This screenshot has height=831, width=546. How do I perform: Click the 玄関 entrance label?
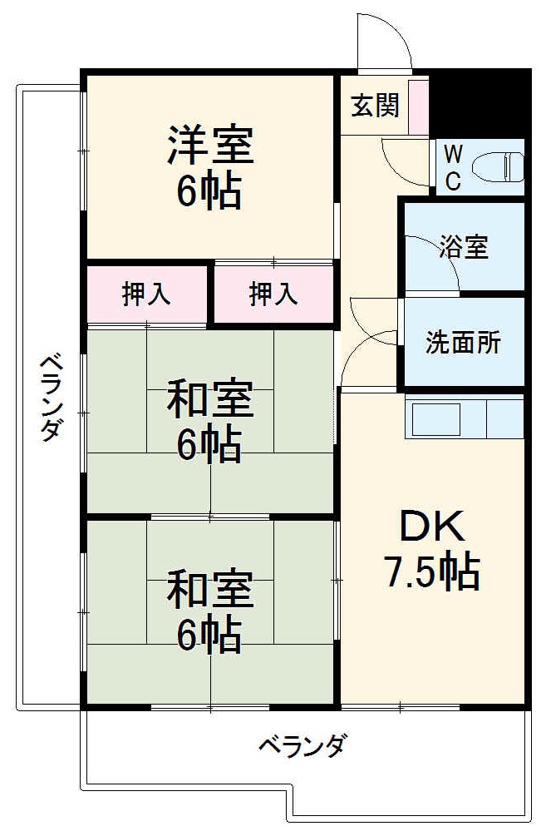tap(375, 106)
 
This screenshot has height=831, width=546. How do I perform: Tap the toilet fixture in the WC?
tap(498, 166)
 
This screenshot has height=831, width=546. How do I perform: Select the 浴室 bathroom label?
tap(464, 247)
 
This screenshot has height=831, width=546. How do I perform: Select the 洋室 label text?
tap(209, 145)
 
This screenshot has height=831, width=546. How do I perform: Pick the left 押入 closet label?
tap(147, 294)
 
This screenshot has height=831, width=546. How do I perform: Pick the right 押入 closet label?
tap(273, 294)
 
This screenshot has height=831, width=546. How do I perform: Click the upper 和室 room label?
tap(209, 398)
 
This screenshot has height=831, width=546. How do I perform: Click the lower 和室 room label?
tap(209, 589)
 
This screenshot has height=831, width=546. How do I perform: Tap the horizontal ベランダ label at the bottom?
tap(301, 744)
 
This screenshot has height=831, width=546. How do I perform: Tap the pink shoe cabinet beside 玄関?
tap(419, 106)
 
